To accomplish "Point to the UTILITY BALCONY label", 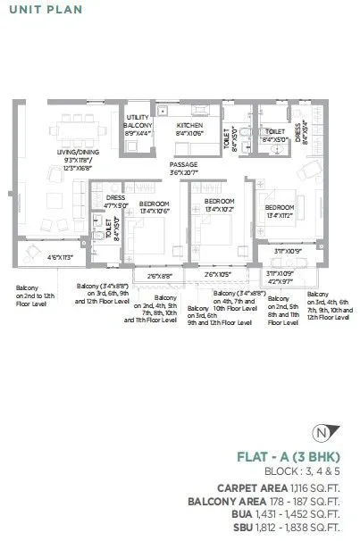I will coord(138,121).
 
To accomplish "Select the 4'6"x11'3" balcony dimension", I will coord(63,258).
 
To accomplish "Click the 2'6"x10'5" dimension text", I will coord(219,274).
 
